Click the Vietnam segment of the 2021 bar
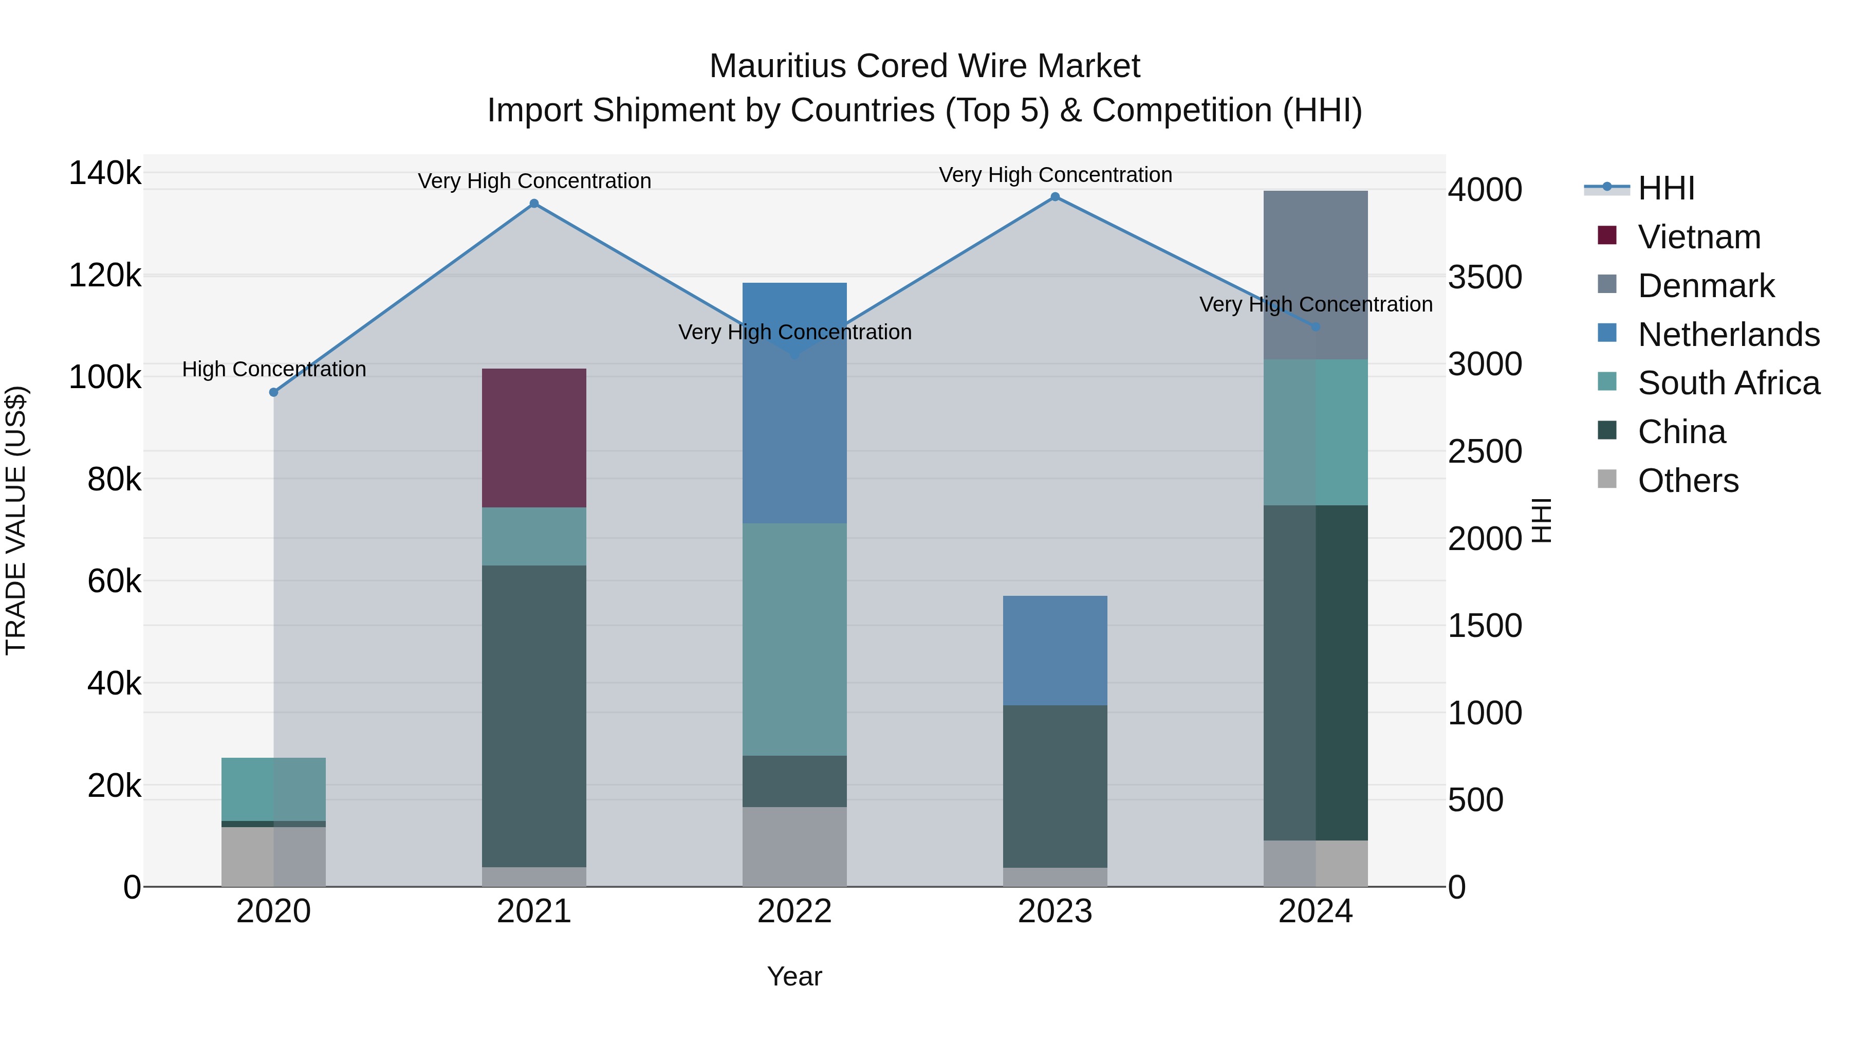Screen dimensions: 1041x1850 point(533,437)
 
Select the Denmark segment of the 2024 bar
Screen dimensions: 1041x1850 point(1315,275)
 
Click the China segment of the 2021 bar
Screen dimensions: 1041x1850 point(533,716)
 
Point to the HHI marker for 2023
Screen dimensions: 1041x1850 point(1055,197)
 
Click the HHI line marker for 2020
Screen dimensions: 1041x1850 point(273,392)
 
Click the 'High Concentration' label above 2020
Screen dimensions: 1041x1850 point(273,369)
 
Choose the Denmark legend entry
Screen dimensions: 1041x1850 point(1706,286)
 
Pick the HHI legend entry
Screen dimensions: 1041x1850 point(1666,188)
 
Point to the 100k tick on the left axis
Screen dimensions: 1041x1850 point(105,377)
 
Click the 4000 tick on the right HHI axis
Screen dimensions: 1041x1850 point(1485,190)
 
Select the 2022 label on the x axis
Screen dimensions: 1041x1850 point(794,911)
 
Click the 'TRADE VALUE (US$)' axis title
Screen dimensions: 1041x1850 point(16,520)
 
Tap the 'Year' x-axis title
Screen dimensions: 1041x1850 point(794,976)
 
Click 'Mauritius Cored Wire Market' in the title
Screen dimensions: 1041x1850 point(924,66)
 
